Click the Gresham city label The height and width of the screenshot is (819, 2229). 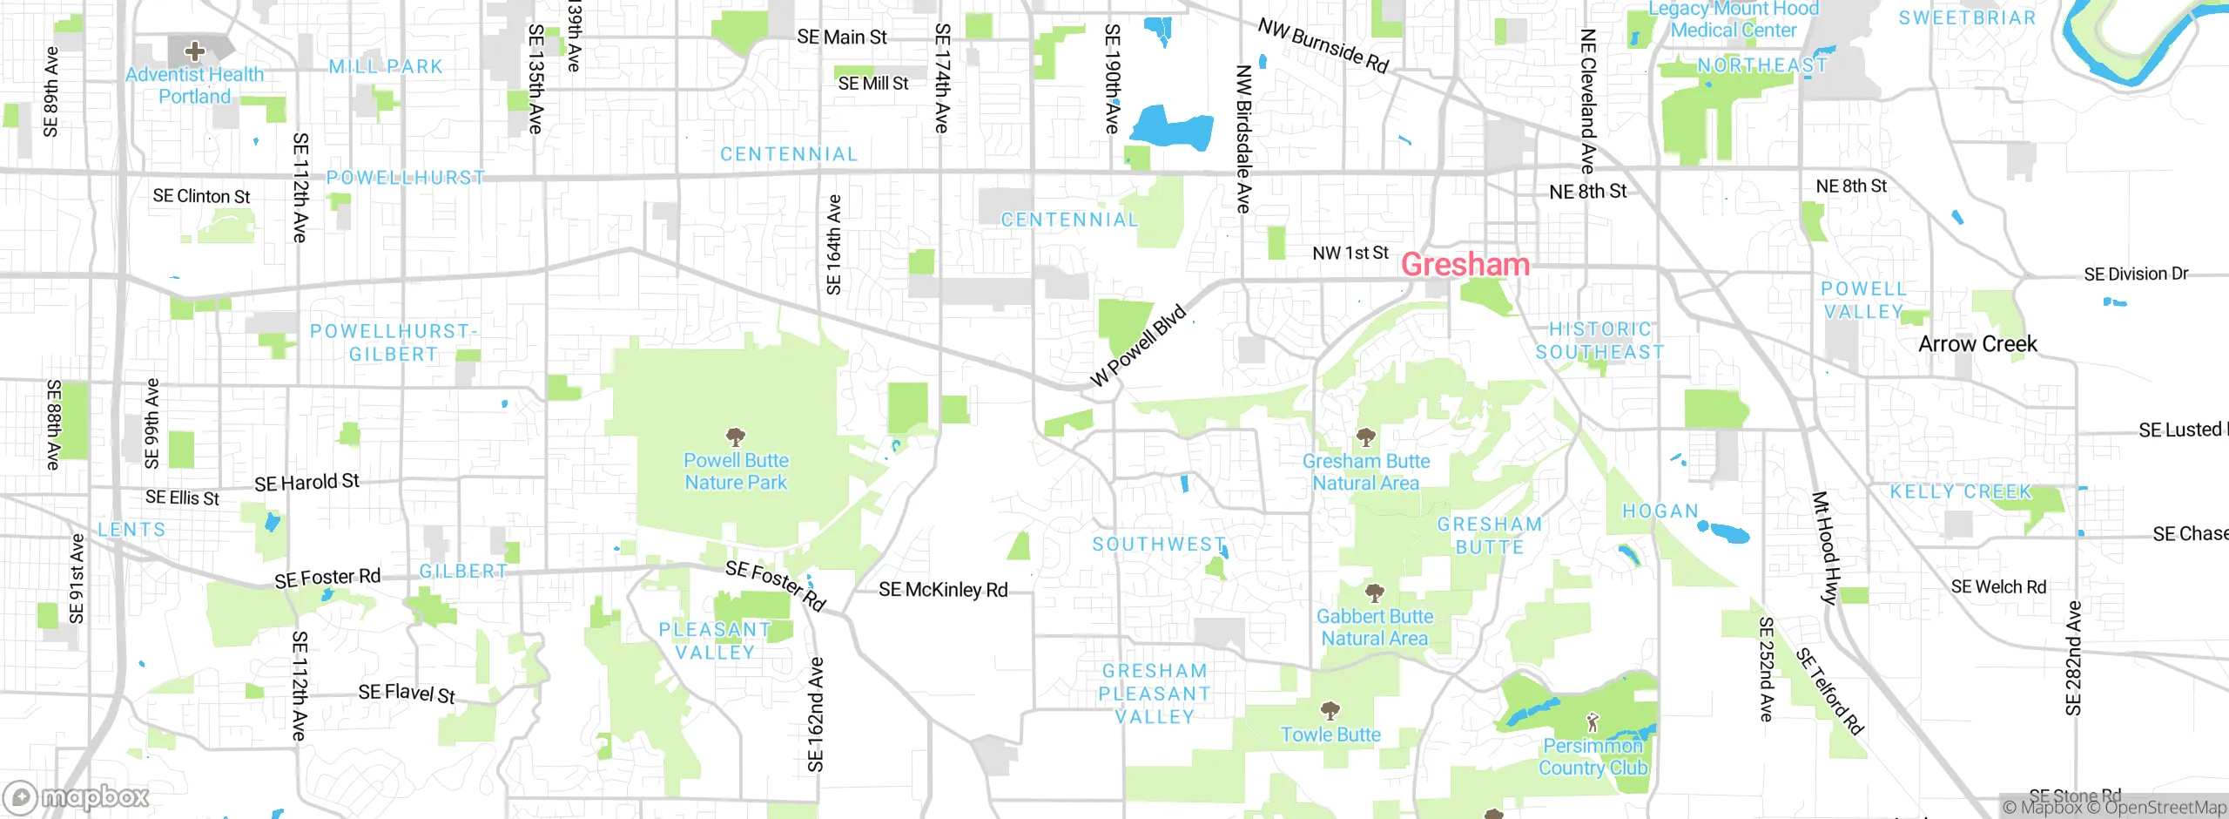1465,264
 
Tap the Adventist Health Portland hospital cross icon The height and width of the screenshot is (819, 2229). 194,51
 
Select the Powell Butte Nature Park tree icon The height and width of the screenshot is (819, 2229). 736,437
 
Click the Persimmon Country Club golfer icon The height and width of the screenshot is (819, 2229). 1593,721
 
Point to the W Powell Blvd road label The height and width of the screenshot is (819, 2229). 1138,346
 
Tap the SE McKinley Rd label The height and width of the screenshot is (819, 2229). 943,590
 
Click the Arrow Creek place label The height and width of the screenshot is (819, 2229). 1977,344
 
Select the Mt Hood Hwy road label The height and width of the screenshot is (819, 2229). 1825,548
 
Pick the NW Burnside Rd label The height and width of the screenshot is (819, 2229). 1323,45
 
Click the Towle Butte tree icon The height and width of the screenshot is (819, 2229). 1330,711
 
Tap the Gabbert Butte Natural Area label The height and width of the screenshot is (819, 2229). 1374,627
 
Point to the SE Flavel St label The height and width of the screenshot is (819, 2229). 407,694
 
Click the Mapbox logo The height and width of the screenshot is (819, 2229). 77,797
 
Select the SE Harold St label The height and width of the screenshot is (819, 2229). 306,483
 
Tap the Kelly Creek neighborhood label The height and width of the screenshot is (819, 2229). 1960,492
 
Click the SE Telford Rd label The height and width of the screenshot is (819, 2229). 1829,692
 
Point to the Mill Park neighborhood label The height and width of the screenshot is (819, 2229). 386,67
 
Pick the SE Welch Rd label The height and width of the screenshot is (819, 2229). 1998,587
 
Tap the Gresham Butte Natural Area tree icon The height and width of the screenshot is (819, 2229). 1366,437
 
